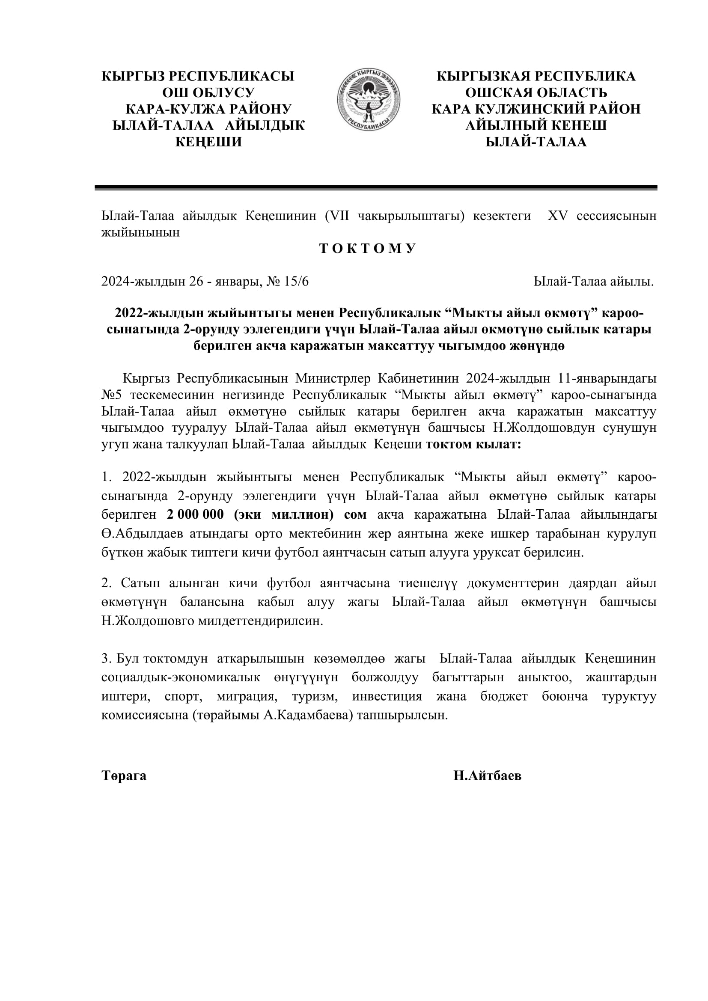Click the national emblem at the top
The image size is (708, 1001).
[x=369, y=99]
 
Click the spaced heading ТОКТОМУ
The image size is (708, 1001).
[x=368, y=249]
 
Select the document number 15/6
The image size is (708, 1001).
[x=296, y=282]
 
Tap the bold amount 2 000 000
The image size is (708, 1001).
[x=195, y=514]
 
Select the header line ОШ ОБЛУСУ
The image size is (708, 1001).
[x=208, y=93]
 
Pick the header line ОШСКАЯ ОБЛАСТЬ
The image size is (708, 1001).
[x=536, y=93]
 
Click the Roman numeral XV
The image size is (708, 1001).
[x=558, y=216]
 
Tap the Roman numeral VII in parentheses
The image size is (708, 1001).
[x=340, y=216]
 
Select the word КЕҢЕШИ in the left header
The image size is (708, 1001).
[x=208, y=142]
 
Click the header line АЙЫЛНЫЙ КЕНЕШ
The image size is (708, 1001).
[x=536, y=125]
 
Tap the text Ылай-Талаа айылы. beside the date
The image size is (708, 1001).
[x=594, y=282]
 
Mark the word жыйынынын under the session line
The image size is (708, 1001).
[x=140, y=232]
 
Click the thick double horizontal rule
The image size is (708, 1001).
[x=376, y=187]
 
